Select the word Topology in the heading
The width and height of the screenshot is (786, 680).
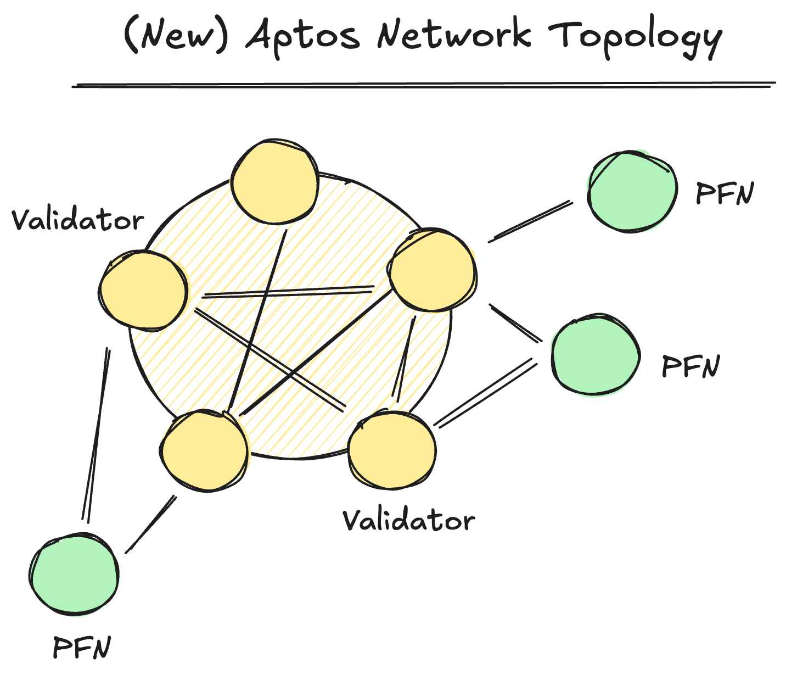coord(635,36)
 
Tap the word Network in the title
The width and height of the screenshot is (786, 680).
coord(454,34)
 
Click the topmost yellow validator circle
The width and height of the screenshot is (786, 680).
coord(274,182)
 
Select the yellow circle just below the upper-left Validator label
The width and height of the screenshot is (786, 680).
coord(143,290)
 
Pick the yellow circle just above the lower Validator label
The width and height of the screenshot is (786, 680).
coord(392,450)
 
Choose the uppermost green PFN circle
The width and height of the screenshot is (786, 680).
coord(632,191)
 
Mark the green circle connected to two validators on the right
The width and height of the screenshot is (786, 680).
coord(596,355)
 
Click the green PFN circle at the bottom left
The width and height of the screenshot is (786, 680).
coord(74,575)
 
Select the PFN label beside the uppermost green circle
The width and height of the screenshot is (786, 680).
coord(725,193)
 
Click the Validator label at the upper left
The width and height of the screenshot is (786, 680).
coord(77,220)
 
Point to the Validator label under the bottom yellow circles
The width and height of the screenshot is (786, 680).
coord(409,520)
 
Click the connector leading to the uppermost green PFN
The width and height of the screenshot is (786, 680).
coord(530,221)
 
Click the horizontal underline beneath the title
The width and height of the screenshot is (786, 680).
coord(423,85)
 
